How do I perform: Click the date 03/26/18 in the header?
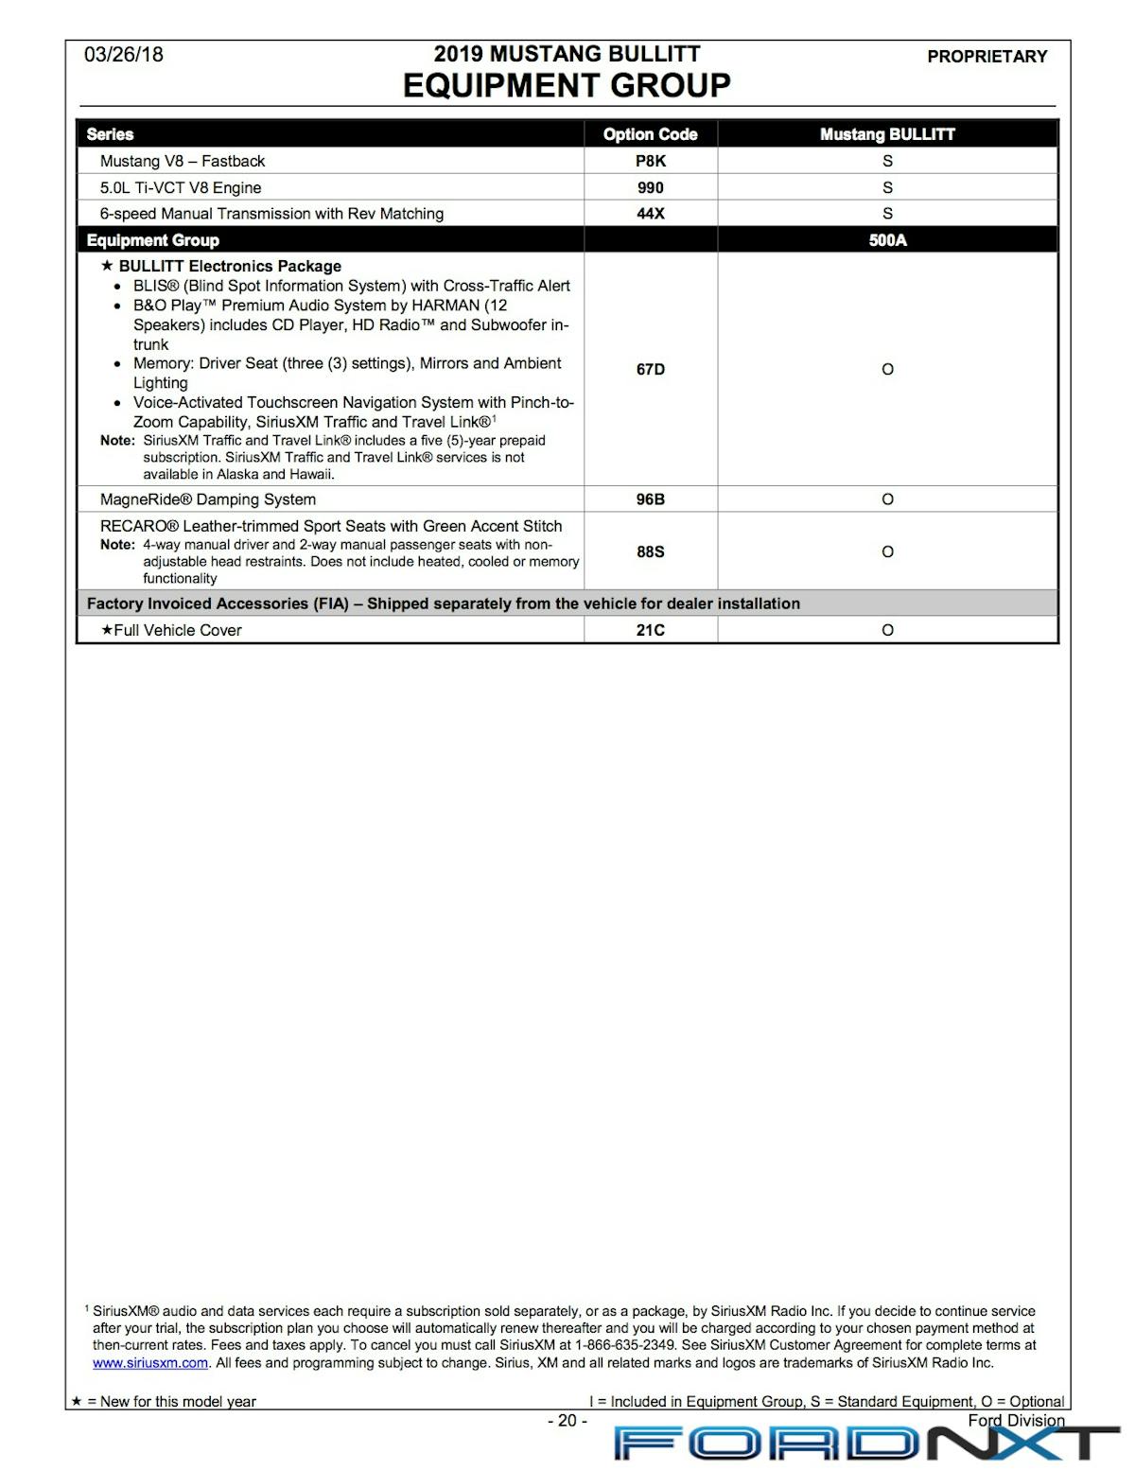click(x=123, y=55)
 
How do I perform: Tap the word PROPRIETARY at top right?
click(x=987, y=57)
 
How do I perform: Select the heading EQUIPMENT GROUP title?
click(x=567, y=86)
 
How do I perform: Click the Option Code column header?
click(x=650, y=134)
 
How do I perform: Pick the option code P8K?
click(x=650, y=161)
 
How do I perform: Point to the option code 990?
click(x=650, y=187)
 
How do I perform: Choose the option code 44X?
click(x=650, y=214)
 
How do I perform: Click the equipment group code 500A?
click(x=887, y=240)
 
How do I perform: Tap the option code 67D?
click(x=650, y=369)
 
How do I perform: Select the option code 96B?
click(x=650, y=499)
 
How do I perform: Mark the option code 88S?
click(x=650, y=551)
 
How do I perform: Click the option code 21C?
click(x=650, y=630)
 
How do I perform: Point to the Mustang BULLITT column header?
click(x=887, y=134)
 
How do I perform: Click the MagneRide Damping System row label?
click(x=208, y=499)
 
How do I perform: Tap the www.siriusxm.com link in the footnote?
click(x=150, y=1363)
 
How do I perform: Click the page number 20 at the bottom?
click(x=567, y=1420)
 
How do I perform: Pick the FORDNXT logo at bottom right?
click(x=865, y=1444)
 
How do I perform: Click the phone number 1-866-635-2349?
click(x=624, y=1345)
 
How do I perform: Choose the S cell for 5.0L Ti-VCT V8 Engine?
click(x=887, y=187)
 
